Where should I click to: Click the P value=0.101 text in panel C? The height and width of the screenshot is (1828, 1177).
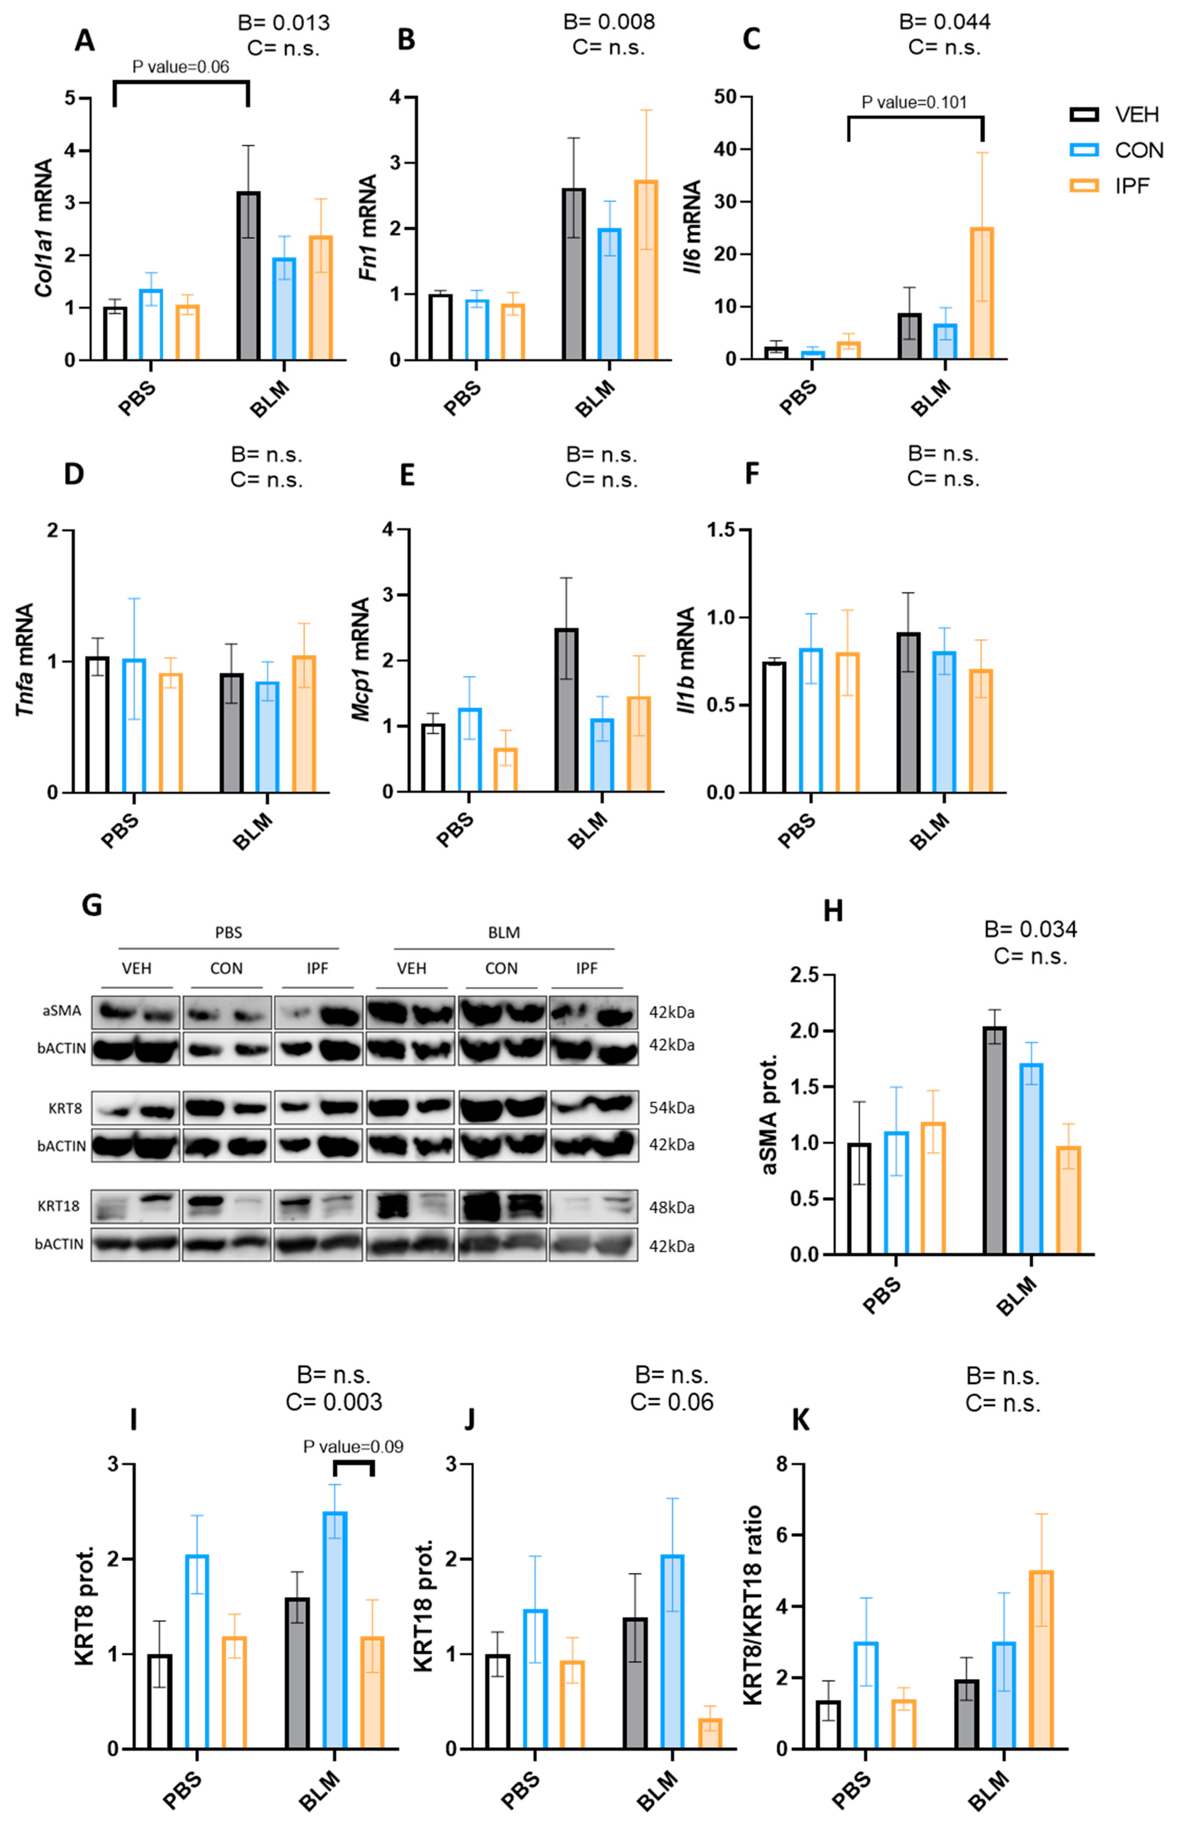[914, 103]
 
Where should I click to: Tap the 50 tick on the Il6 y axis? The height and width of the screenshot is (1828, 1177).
[724, 97]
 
